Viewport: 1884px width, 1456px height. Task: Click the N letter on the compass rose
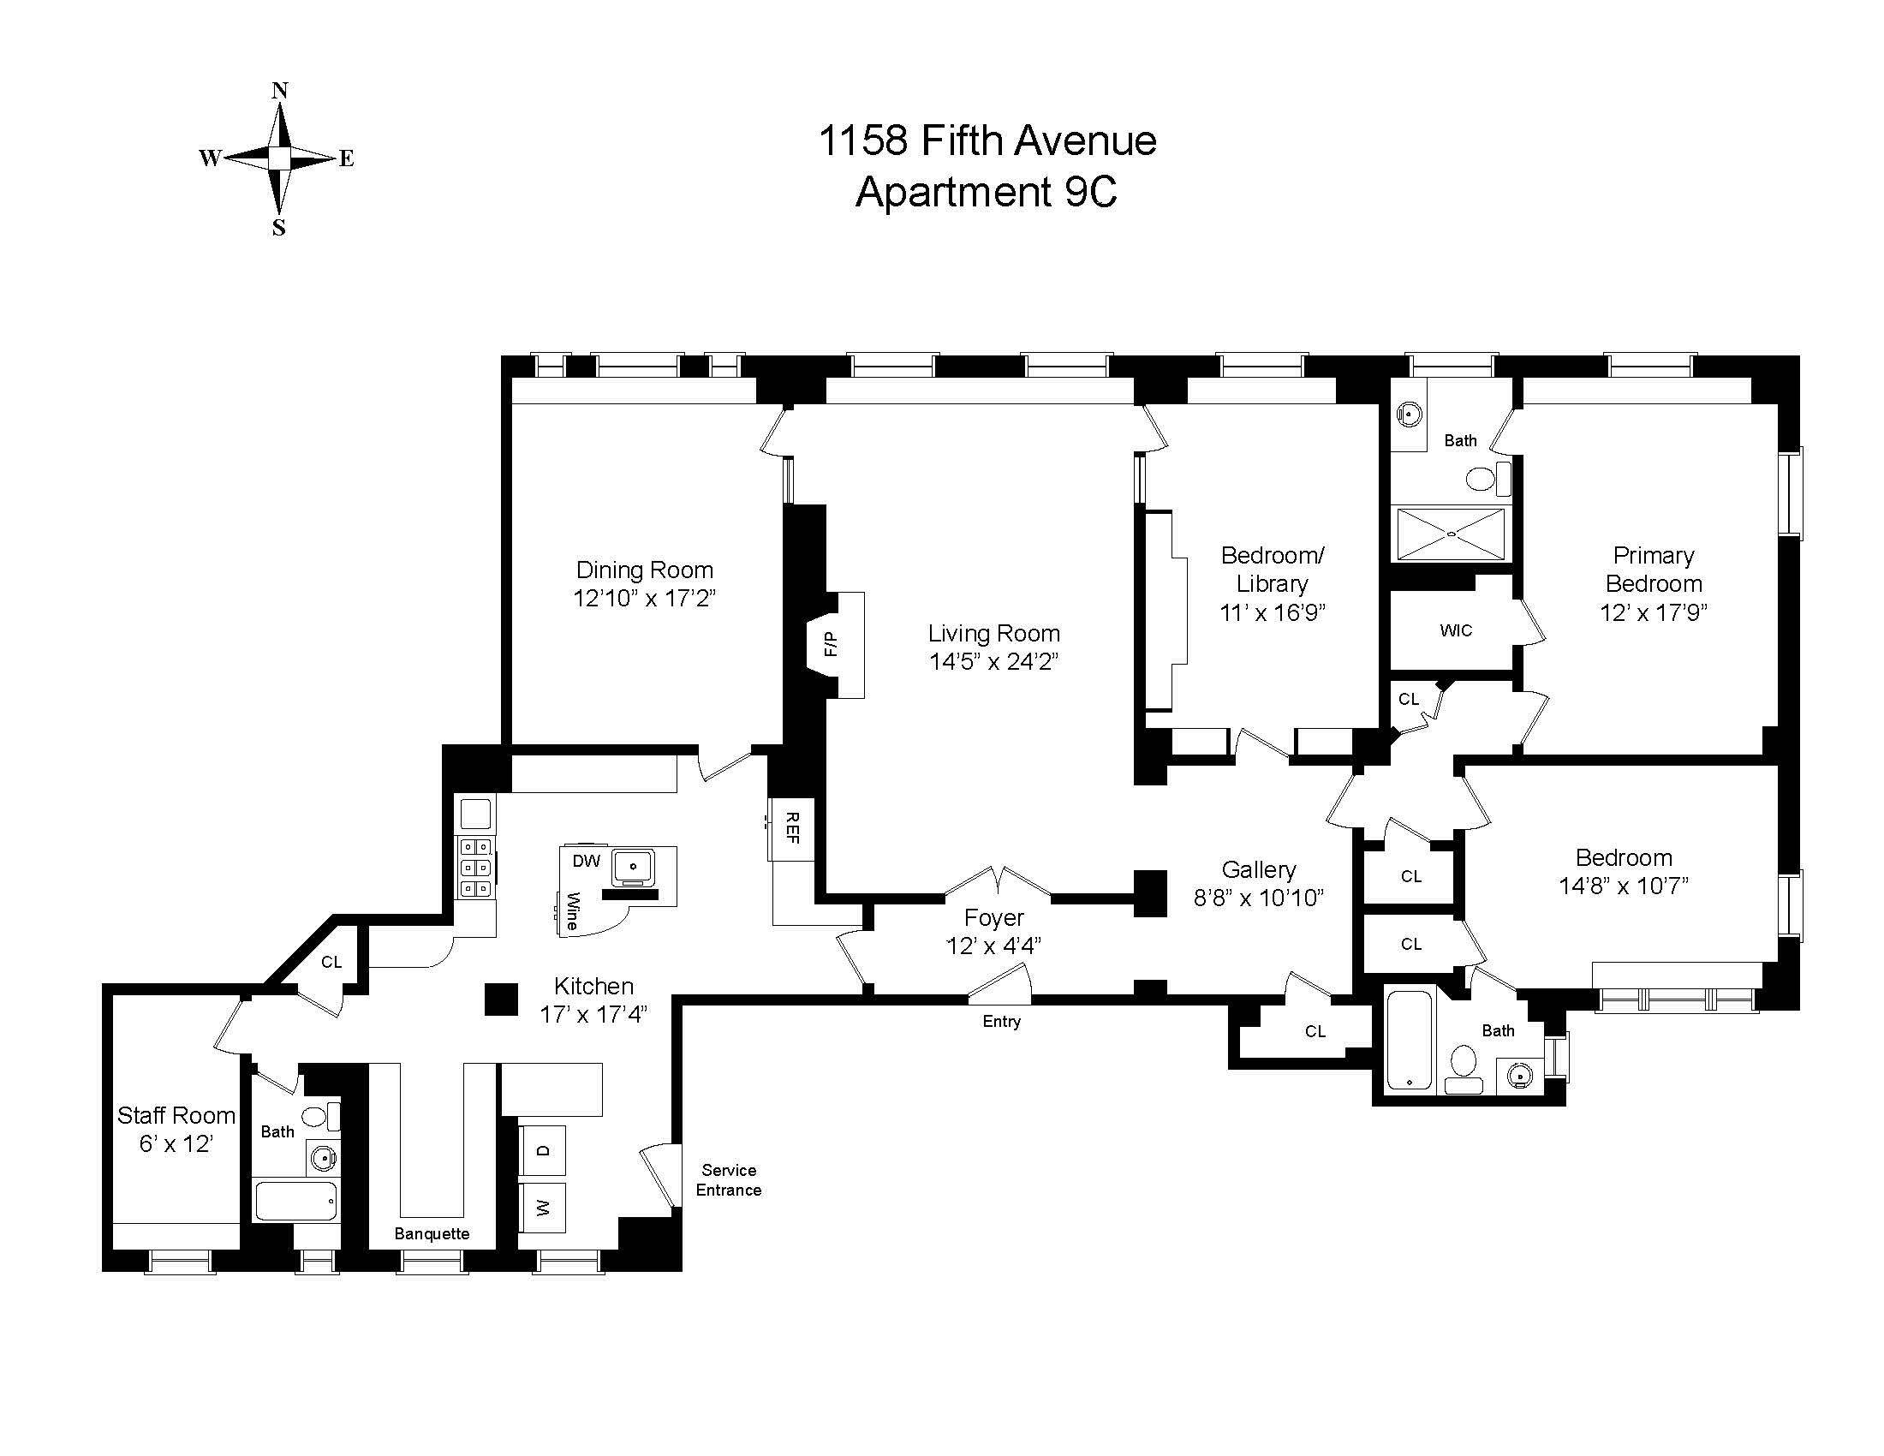tap(279, 91)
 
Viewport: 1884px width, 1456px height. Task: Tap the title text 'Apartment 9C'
tap(986, 192)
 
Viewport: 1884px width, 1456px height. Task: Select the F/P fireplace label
tap(830, 643)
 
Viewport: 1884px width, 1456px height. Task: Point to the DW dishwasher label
tap(587, 861)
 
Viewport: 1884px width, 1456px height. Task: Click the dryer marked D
tap(543, 1149)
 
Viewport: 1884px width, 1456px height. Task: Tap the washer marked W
tap(543, 1208)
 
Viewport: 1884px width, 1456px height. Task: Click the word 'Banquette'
tap(432, 1233)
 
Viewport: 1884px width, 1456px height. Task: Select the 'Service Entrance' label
tap(729, 1180)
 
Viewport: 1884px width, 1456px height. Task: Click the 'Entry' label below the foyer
tap(1002, 1021)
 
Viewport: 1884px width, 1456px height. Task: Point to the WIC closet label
tap(1456, 630)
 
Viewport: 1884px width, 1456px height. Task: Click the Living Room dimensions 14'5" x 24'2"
tap(993, 661)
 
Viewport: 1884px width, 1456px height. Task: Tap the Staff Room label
tap(176, 1115)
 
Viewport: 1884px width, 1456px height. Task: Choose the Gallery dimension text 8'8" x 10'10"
tap(1259, 898)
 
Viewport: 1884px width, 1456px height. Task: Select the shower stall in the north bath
tap(1451, 534)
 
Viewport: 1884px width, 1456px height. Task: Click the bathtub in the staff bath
tap(296, 1200)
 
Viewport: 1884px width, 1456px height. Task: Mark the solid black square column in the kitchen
tap(500, 1000)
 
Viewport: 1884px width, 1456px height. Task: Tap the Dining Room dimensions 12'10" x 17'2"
tap(644, 598)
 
